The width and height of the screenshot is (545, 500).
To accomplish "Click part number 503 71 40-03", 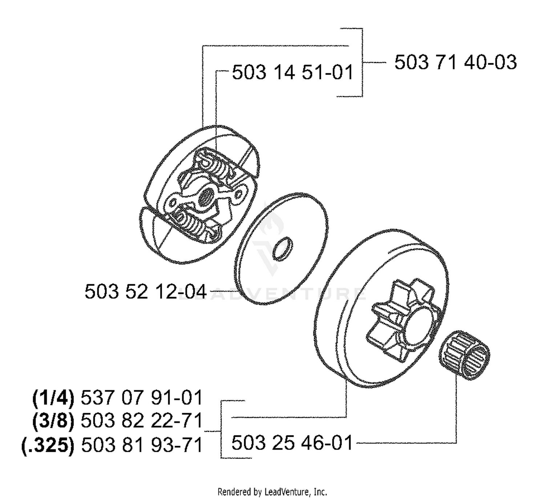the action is pyautogui.click(x=455, y=62).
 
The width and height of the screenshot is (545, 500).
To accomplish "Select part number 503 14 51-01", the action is pyautogui.click(x=292, y=72).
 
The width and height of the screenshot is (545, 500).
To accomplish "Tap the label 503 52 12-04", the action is pyautogui.click(x=146, y=292).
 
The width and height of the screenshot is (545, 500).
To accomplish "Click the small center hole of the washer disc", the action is pyautogui.click(x=283, y=249).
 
